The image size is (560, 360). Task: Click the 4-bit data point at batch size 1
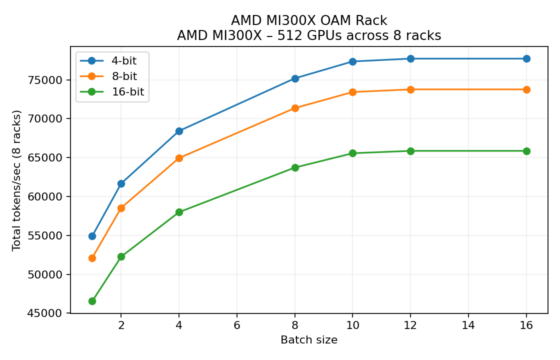click(92, 236)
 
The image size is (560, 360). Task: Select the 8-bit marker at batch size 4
click(179, 158)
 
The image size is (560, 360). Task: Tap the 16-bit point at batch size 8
click(295, 167)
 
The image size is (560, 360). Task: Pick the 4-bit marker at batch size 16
click(526, 58)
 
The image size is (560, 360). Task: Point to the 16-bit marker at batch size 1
click(92, 301)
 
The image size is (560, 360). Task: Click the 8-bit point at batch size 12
click(410, 89)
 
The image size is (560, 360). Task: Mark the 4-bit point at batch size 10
click(352, 61)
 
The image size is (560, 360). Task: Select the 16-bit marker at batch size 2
click(121, 256)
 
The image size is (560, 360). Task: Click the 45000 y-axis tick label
click(48, 313)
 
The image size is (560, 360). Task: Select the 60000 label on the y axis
click(48, 196)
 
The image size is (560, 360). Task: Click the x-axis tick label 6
click(237, 325)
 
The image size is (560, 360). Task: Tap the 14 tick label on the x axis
click(468, 325)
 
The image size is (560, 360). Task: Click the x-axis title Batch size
click(309, 340)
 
